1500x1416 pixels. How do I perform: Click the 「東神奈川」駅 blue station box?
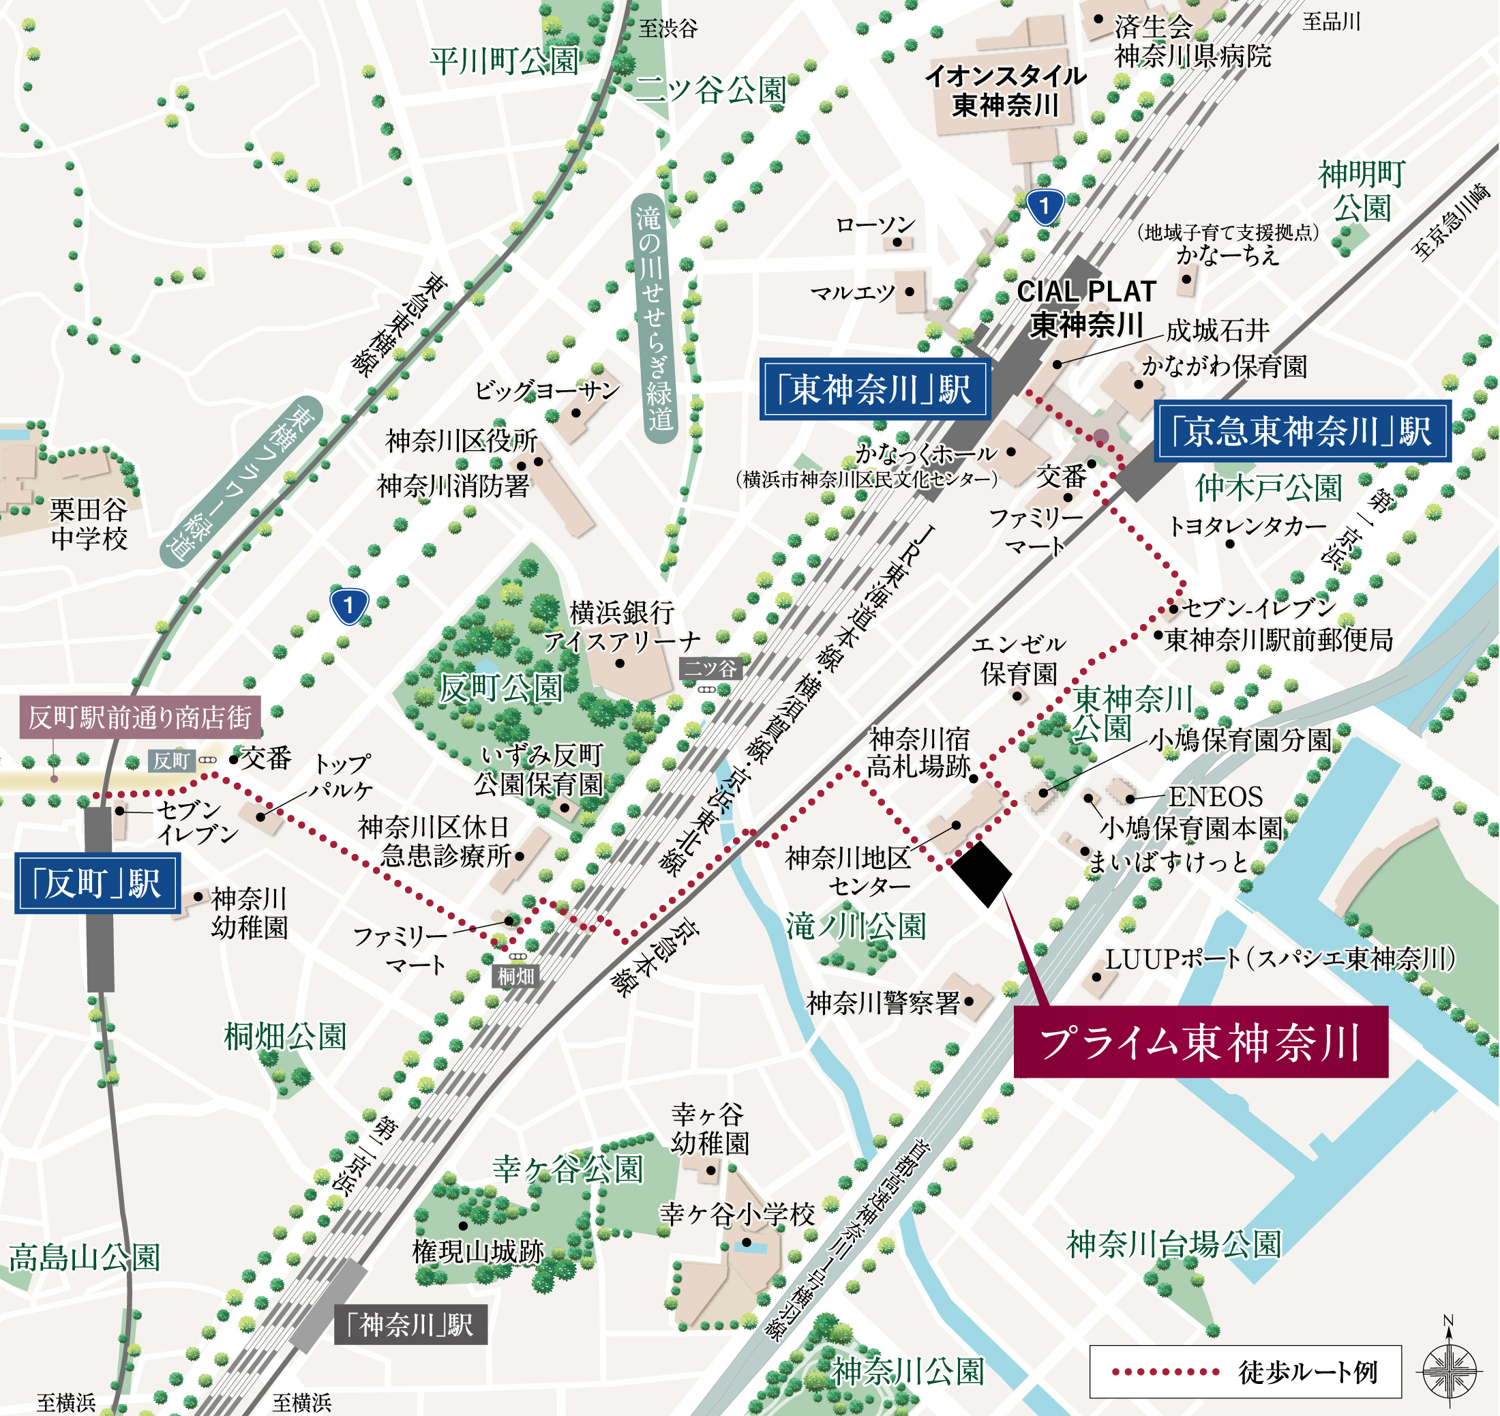coord(873,389)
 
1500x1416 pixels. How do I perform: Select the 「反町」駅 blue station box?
coord(97,883)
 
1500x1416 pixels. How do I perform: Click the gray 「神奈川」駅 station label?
coord(410,1325)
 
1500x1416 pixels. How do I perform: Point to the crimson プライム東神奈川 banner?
coord(1200,1042)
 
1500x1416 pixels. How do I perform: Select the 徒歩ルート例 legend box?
coord(1245,1372)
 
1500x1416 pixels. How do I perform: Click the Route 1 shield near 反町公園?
coord(349,606)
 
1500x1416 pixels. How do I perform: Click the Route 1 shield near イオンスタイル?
coord(1045,206)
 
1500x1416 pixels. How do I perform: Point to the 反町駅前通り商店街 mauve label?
coord(140,717)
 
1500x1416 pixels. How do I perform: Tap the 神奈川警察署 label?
coord(883,1003)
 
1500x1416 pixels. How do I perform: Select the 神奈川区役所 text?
coord(462,441)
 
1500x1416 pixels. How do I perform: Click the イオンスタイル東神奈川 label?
coord(1006,91)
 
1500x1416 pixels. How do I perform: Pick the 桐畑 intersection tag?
coord(516,976)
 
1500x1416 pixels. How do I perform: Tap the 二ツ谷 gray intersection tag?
coord(710,668)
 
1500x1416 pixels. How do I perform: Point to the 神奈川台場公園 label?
coord(1173,1244)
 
